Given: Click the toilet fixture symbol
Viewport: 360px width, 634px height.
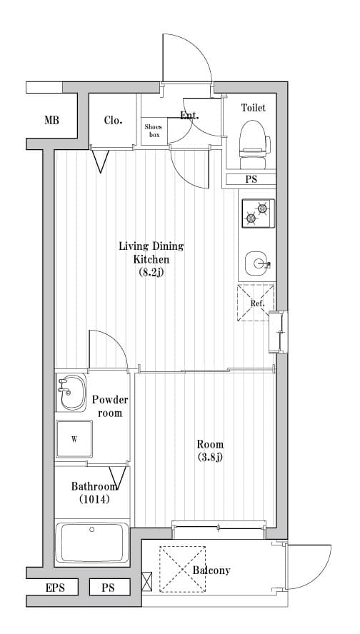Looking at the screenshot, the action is point(254,145).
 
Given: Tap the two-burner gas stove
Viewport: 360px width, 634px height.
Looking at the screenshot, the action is point(258,213).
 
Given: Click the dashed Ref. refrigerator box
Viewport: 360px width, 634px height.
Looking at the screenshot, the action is point(256,303).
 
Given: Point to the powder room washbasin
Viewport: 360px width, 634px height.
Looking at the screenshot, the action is point(71,392).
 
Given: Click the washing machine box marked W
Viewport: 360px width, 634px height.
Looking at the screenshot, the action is point(74,439).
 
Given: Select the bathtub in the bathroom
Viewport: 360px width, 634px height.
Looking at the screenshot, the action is point(92,543).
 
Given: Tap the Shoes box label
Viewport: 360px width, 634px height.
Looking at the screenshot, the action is point(154,131).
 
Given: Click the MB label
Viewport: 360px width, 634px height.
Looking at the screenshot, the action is point(51,120).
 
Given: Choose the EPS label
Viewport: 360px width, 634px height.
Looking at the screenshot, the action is point(56,587).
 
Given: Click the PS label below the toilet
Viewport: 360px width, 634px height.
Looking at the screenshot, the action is point(251,179).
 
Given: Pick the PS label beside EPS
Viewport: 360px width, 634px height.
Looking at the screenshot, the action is point(108,587).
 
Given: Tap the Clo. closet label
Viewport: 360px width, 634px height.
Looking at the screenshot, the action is point(114,120).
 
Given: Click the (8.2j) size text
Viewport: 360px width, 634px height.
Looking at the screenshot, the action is point(151,272).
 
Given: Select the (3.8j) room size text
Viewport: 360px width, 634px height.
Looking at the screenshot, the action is point(210,457).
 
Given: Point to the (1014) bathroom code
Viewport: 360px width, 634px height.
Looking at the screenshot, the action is point(94,499).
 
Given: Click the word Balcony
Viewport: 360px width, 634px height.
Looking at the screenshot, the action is point(211,570).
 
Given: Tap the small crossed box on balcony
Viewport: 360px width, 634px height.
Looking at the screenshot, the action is point(147,581).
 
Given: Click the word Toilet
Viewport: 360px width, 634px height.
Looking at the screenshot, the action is point(254,108).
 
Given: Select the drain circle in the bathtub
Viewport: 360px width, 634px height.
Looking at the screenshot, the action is point(92,529).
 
